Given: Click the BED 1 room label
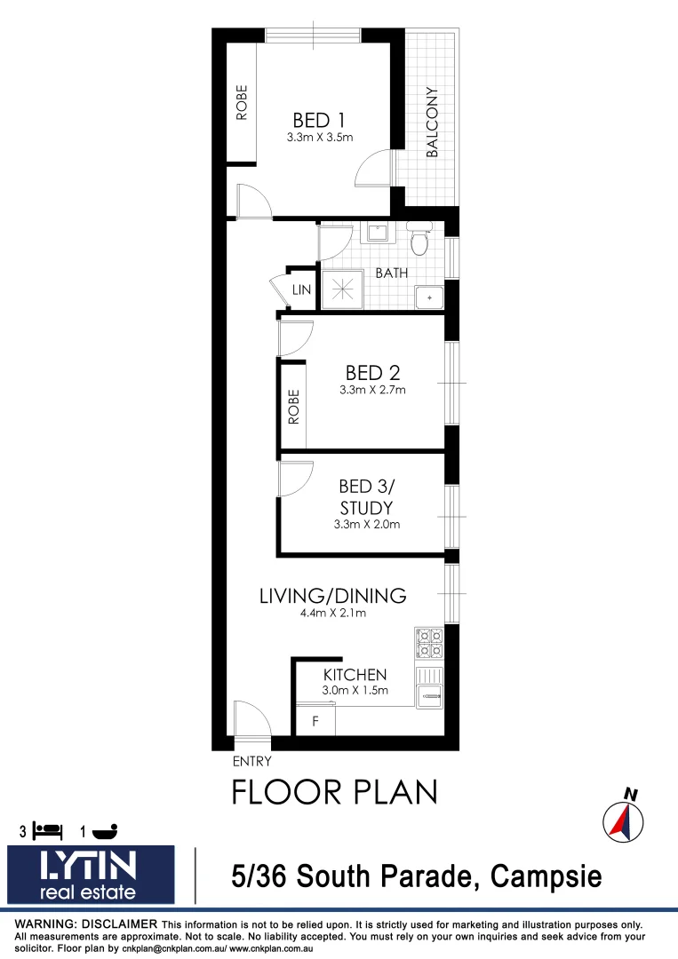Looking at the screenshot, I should pos(320,119).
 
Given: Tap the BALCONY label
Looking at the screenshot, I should pos(433,122).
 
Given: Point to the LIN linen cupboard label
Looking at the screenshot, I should pos(302,290).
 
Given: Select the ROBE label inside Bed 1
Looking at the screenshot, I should pos(241,101).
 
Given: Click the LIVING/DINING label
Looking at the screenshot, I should pos(332,596).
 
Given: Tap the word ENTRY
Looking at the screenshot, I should pos(251,761).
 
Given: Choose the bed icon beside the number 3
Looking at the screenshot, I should pos(47,831).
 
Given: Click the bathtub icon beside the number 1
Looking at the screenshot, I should pos(104,831).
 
